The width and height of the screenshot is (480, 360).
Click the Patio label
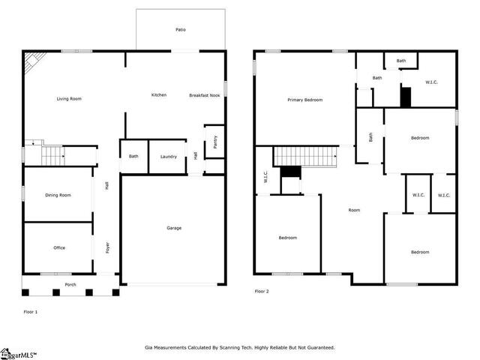[x=181, y=30]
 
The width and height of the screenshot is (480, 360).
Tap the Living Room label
[x=69, y=98]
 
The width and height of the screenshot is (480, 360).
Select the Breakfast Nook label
[x=205, y=95]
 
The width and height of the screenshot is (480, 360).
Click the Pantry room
[x=215, y=142]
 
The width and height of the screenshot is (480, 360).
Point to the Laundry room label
[x=169, y=157]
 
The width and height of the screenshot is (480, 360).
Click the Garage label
[x=174, y=228]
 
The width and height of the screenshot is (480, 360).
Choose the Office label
[x=59, y=247]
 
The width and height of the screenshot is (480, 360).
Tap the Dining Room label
[x=58, y=195]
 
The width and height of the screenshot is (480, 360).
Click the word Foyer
[x=107, y=247]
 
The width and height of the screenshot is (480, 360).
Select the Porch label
[x=70, y=284]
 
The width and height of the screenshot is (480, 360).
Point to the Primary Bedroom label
[x=305, y=100]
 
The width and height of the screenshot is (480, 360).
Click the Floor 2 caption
[x=262, y=292]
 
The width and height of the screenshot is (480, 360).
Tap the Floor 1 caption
[x=31, y=312]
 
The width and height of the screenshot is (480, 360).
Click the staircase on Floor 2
[x=305, y=157]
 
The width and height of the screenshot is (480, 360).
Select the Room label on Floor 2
[x=354, y=210]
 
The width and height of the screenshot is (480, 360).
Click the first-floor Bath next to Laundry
[x=133, y=157]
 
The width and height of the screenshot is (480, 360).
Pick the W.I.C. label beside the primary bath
[x=431, y=82]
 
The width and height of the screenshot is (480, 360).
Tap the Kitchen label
[x=159, y=95]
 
